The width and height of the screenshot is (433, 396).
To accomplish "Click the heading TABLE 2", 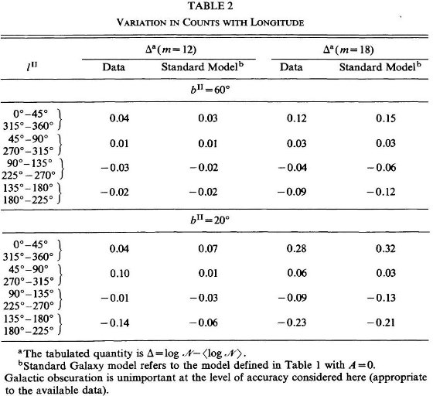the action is coord(210,5).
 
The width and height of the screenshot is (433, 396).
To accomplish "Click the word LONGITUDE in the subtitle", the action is coord(277,22).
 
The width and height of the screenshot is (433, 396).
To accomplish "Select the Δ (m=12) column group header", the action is coord(171,49).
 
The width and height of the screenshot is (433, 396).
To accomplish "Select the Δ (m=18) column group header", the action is coord(348,49).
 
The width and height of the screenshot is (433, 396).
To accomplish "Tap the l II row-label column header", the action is coord(32,67).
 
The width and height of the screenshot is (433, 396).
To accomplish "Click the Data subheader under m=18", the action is coord(291,67).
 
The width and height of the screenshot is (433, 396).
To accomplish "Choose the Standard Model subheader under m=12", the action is coord(203,67).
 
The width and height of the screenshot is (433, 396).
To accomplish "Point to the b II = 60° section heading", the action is coord(210,90).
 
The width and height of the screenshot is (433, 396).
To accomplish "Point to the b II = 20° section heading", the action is coord(210,220).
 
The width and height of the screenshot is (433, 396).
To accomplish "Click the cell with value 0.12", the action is coord(297,118).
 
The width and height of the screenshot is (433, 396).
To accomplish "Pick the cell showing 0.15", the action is coord(386,118).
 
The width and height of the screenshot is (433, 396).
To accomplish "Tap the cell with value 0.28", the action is coord(297,248).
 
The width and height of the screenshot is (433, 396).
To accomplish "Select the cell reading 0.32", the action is coord(386,248).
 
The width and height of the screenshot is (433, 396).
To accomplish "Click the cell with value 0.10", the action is coord(120,273).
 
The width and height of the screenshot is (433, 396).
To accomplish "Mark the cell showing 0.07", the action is coord(208,248).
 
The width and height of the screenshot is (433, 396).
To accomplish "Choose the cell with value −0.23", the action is coord(292,323).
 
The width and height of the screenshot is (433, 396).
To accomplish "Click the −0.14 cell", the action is coord(114,323).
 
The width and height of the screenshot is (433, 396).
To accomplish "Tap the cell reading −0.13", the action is coord(381,298).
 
